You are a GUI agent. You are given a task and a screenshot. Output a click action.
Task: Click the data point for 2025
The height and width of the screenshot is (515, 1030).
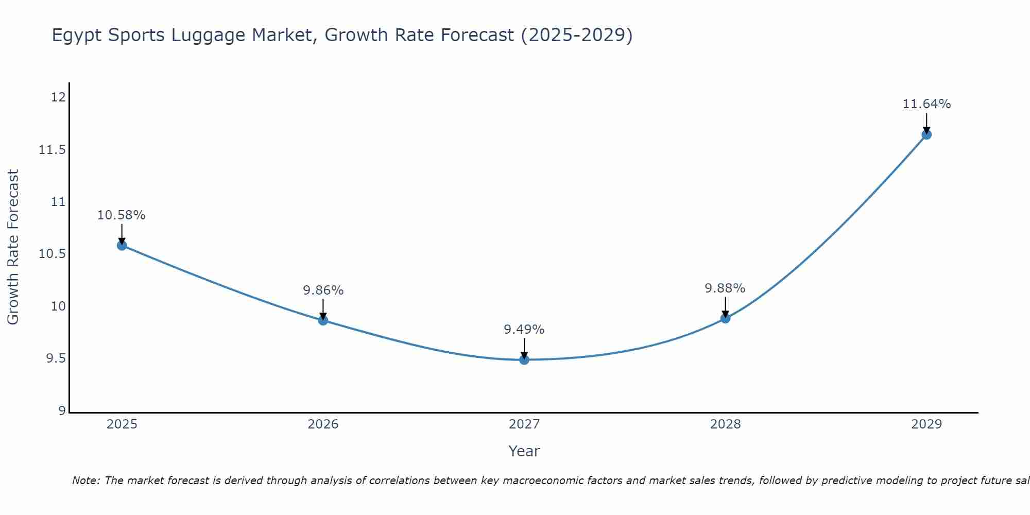(x=122, y=245)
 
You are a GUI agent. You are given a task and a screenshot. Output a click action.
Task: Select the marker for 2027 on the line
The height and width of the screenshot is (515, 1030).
(x=524, y=359)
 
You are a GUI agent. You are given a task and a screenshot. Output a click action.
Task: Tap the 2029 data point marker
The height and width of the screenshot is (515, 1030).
(x=926, y=134)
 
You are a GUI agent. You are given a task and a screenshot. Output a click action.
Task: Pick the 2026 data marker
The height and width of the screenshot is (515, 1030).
(x=323, y=320)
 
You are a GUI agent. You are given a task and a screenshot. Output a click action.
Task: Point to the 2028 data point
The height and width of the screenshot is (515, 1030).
(x=725, y=318)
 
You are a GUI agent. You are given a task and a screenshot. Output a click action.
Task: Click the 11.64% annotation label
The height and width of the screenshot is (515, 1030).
(x=926, y=104)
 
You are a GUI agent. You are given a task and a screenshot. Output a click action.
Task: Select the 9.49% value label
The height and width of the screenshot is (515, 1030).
(x=524, y=330)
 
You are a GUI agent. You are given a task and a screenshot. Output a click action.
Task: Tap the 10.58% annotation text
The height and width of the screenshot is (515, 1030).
(x=122, y=215)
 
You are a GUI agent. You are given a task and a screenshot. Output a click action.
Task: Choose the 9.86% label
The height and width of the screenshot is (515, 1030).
(x=323, y=290)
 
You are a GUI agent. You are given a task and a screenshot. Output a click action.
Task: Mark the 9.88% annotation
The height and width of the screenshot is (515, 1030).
(x=725, y=288)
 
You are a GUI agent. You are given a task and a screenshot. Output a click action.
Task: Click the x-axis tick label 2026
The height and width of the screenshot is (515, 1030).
(x=323, y=424)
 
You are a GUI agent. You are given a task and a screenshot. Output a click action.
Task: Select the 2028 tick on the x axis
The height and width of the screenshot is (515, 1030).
(x=725, y=424)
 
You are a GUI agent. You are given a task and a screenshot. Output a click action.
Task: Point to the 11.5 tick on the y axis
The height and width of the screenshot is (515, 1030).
(x=52, y=150)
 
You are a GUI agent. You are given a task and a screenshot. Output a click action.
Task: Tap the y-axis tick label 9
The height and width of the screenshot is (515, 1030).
(x=62, y=411)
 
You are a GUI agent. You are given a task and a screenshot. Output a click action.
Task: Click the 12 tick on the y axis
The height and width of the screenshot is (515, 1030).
(x=59, y=97)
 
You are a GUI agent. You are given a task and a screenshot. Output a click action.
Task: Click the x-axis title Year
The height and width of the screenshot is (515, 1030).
(x=524, y=451)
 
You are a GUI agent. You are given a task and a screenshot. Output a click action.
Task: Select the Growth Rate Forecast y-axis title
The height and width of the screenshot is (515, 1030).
(x=13, y=247)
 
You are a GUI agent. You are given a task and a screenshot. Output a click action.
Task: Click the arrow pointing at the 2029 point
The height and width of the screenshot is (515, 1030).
(x=926, y=123)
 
